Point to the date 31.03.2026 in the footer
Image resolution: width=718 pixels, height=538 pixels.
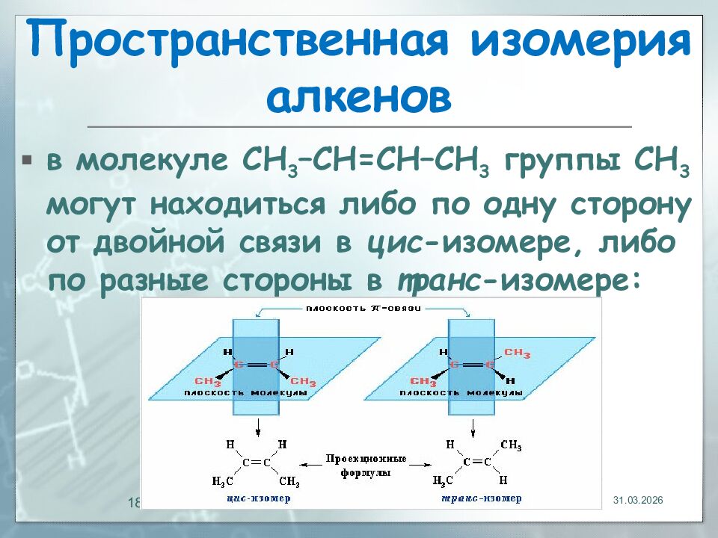tap(638, 500)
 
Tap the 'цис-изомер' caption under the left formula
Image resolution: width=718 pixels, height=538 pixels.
tap(257, 498)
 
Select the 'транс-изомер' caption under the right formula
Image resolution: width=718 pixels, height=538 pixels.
tap(480, 498)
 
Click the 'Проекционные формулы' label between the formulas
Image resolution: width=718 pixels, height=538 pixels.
tap(366, 466)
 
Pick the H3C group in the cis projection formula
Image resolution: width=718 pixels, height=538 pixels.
tap(223, 480)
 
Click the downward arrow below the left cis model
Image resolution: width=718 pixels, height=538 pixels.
tap(257, 427)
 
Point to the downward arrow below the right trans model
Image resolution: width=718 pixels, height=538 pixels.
tap(473, 427)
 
